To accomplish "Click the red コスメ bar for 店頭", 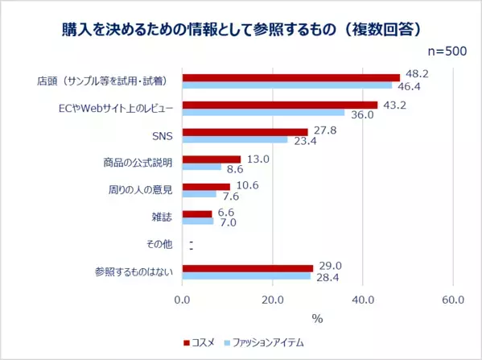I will [x=290, y=78].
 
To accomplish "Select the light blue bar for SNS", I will [x=235, y=139].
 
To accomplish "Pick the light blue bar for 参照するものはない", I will [x=246, y=275].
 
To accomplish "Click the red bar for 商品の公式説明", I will [x=212, y=159].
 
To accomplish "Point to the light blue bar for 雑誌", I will [x=198, y=221].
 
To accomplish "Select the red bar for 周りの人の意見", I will [x=206, y=187].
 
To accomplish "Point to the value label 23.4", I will [x=305, y=142].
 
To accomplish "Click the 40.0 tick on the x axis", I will [x=363, y=300].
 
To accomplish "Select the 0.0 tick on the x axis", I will [x=183, y=300].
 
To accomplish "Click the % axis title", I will [x=317, y=318].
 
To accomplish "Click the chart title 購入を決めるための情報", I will [x=241, y=29].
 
